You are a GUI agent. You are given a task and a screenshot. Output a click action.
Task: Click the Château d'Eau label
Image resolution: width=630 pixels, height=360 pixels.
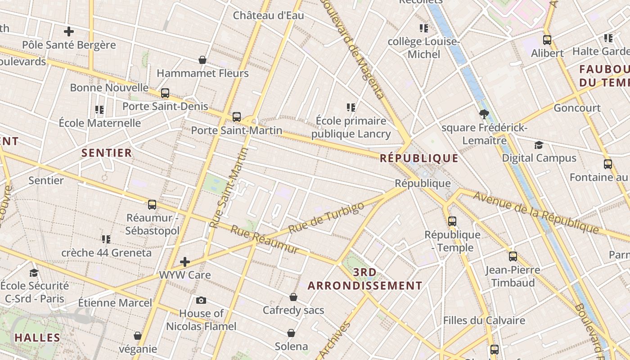tap(268, 15)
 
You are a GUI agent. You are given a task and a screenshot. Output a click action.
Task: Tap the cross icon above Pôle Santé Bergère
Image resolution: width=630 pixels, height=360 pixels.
tap(69, 31)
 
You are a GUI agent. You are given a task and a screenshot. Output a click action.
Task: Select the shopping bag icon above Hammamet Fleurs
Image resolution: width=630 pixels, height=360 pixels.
tap(202, 60)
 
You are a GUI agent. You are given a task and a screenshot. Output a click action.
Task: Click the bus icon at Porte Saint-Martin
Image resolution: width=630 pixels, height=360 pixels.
tap(237, 117)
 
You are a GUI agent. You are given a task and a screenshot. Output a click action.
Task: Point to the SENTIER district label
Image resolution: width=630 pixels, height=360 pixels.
tap(107, 153)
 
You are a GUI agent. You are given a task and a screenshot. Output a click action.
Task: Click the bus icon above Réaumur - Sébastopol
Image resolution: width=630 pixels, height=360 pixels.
tap(152, 205)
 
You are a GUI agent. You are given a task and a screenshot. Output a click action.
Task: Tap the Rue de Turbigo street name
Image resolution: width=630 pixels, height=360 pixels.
tap(326, 218)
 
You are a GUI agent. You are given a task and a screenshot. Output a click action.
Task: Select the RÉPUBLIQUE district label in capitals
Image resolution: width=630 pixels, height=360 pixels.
tap(419, 158)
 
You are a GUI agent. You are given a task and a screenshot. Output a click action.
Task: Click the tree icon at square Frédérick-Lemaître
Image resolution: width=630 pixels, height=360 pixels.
tap(484, 114)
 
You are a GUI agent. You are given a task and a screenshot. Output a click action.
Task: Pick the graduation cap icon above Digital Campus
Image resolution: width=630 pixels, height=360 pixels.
tap(539, 145)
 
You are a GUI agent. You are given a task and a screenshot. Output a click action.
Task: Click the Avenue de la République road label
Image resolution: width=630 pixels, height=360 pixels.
tap(535, 212)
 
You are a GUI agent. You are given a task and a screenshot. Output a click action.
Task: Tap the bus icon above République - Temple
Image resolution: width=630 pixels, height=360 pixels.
tap(452, 221)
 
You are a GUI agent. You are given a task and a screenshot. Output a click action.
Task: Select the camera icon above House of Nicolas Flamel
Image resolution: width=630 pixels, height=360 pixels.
tap(201, 300)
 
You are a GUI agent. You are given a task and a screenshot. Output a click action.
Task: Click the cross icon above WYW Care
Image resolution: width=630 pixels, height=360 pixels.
tap(185, 261)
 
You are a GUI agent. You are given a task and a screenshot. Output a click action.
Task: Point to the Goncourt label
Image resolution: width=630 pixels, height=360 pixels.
tap(577, 108)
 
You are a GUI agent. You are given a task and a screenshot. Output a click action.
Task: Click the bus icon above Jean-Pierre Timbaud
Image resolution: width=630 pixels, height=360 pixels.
tap(513, 256)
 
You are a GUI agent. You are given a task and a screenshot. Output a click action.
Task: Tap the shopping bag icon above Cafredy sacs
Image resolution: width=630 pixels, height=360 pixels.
tap(293, 297)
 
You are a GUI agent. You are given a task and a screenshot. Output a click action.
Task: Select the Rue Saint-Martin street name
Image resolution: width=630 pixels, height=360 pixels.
tap(229, 188)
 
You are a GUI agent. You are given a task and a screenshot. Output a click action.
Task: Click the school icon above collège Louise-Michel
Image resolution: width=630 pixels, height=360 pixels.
tap(423, 29)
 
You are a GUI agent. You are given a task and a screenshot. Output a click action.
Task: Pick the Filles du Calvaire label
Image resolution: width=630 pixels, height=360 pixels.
tap(484, 320)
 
